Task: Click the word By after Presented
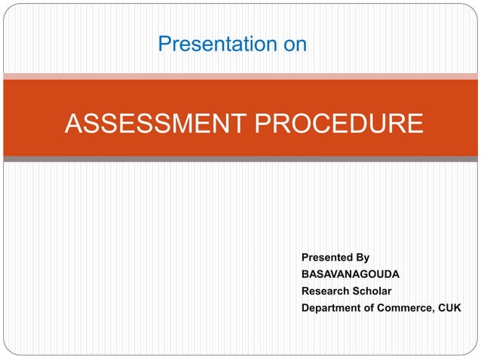(363, 258)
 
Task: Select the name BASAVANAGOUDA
(351, 274)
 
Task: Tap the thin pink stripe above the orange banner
(240, 76)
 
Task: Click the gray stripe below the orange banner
(240, 160)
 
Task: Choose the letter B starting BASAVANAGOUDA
(305, 274)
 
